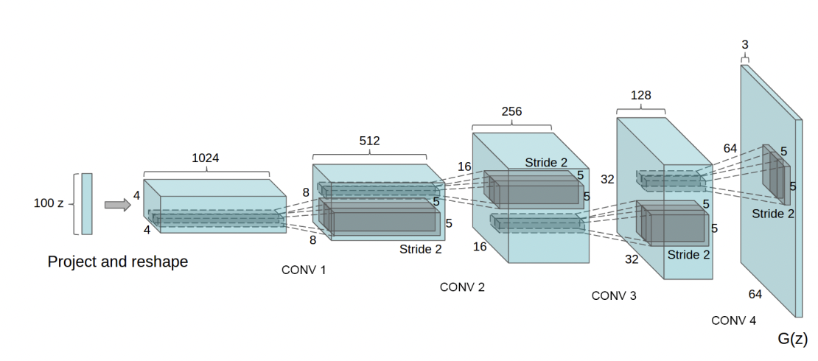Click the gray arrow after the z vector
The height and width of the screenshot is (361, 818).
pos(117,205)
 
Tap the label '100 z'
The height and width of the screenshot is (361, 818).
pos(49,203)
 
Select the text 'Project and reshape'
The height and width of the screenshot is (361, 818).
pos(117,262)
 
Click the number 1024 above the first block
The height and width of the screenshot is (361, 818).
pos(206,158)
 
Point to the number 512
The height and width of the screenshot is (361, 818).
pos(369,141)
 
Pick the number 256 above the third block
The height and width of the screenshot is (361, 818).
pos(511,111)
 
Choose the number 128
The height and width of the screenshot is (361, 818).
pos(640,96)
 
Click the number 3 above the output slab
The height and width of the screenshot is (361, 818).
pos(744,45)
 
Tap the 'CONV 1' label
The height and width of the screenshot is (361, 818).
pos(304,270)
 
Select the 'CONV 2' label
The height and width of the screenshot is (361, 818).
pos(462,287)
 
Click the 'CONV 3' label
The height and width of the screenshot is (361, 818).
pos(614,295)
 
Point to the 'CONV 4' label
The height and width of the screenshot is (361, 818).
pos(733,320)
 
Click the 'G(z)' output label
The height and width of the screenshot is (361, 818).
pos(792,339)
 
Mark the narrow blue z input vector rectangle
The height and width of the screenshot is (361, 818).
pos(87,204)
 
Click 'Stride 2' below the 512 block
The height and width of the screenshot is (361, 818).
pos(421,249)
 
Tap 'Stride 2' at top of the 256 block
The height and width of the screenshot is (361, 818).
pos(546,162)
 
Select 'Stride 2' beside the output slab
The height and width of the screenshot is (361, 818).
pos(773,214)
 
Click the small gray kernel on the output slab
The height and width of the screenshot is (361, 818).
pos(777,175)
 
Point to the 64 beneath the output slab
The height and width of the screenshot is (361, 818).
pos(755,294)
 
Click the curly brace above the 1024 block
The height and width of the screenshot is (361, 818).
pos(206,172)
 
